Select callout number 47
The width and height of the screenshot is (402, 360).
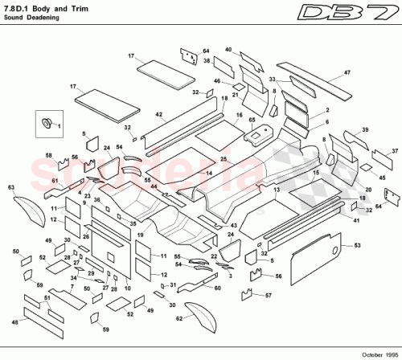click(347, 73)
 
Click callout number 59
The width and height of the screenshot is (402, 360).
click(105, 329)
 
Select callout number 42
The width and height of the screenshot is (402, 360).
click(159, 116)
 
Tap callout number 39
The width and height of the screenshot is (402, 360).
click(365, 129)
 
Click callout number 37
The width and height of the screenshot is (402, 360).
click(395, 150)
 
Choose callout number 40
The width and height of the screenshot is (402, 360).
click(228, 51)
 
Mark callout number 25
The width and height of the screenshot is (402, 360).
click(224, 160)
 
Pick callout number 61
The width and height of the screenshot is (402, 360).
click(55, 182)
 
